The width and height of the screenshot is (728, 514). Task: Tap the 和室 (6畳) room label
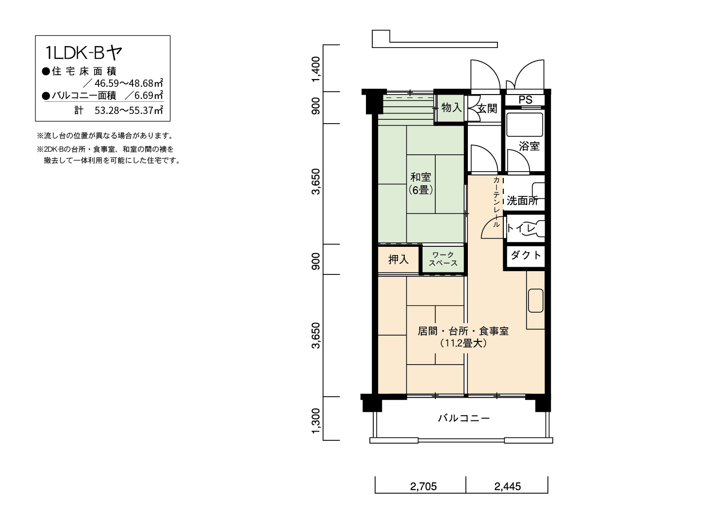pos(421,183)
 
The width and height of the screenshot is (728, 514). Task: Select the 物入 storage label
pos(451,107)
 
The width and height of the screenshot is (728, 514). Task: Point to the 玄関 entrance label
pos(487,109)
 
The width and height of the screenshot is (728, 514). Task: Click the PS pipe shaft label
pos(526,100)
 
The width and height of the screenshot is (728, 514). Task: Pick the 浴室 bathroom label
pos(529,146)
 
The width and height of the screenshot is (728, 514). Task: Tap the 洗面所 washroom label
pos(522,201)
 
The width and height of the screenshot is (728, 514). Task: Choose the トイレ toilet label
pos(521,228)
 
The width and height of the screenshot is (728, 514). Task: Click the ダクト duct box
pos(526,255)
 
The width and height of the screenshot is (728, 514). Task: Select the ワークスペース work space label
pos(443,259)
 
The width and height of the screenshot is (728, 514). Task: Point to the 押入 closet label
pos(398,259)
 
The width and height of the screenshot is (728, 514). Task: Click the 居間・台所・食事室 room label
pos(463,331)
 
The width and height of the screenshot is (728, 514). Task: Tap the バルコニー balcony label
pos(464,418)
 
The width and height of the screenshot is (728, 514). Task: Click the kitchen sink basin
pos(536,300)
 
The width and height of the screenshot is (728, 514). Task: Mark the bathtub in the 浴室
pos(525,125)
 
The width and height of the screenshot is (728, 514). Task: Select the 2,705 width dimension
pos(423,486)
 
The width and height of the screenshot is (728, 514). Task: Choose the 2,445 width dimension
pos(507,486)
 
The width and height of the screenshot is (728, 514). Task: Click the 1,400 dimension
pos(315,69)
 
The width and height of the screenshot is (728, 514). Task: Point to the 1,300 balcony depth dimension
pos(315,421)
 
